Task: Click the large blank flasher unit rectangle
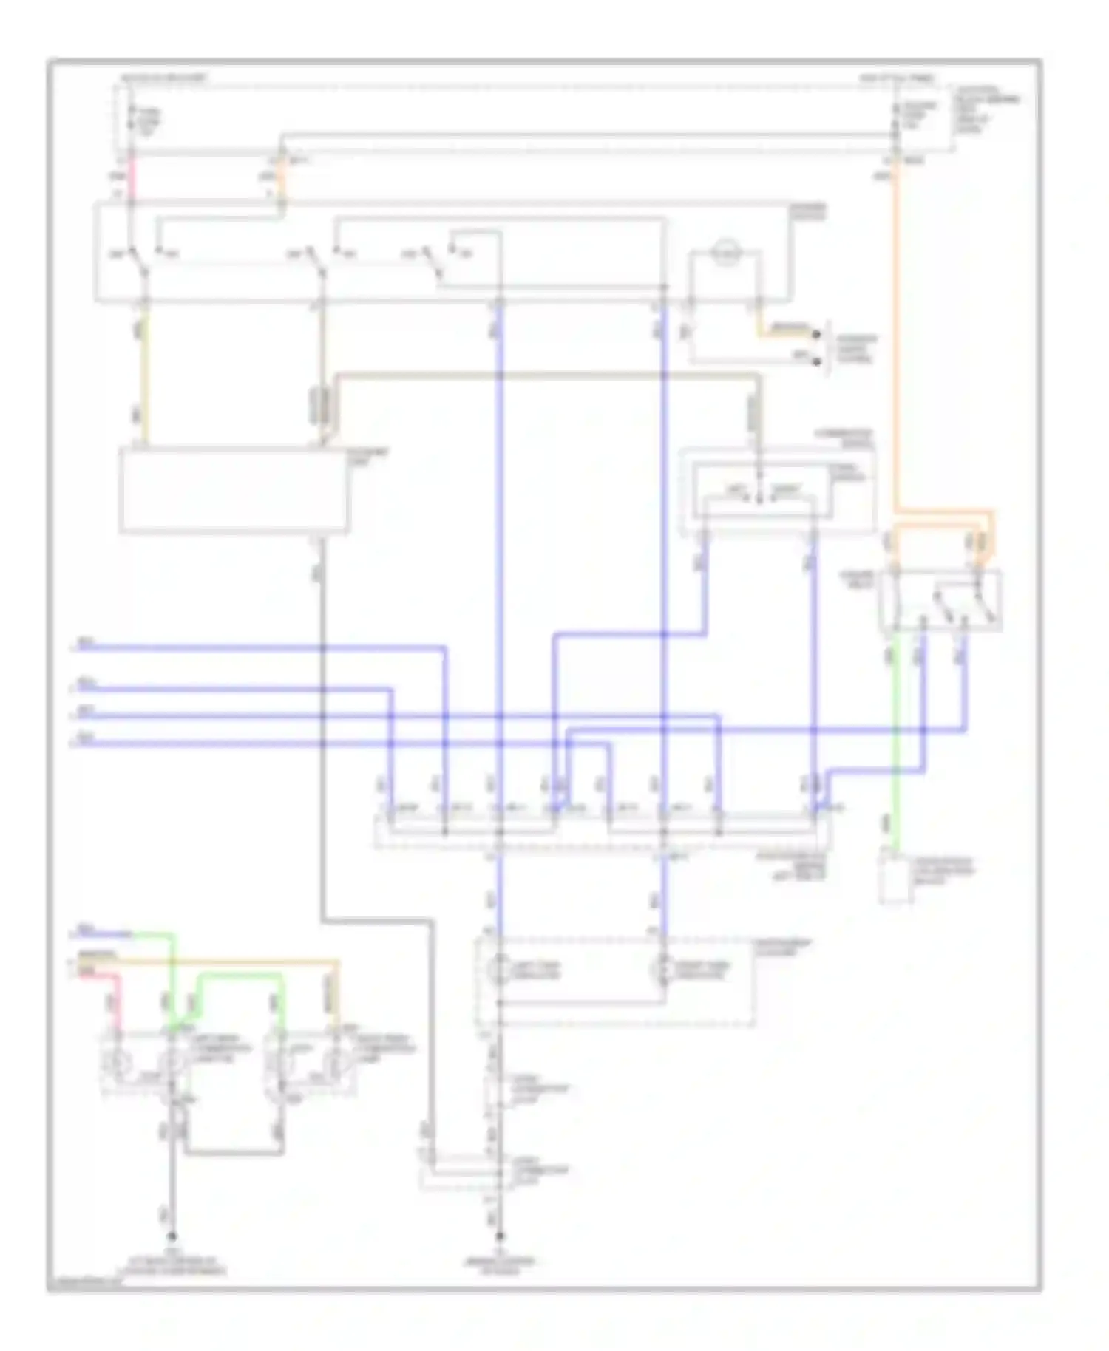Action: point(233,489)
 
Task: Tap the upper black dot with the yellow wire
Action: point(816,334)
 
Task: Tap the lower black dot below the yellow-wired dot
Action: point(816,361)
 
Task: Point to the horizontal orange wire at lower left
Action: point(222,962)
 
